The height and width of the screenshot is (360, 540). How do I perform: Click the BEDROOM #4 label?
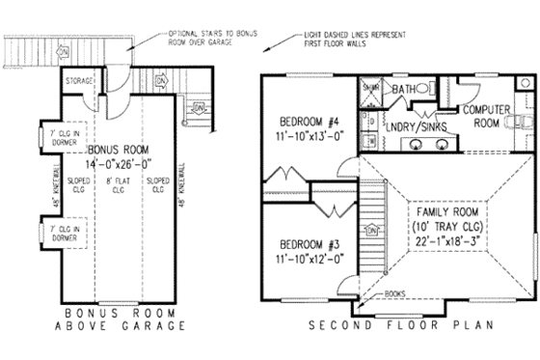tap(307, 122)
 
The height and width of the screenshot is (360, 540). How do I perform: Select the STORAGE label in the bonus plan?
tap(77, 82)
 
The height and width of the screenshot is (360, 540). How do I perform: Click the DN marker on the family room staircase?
tap(372, 231)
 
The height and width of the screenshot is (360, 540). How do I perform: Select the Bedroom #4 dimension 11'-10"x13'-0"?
tap(307, 136)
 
